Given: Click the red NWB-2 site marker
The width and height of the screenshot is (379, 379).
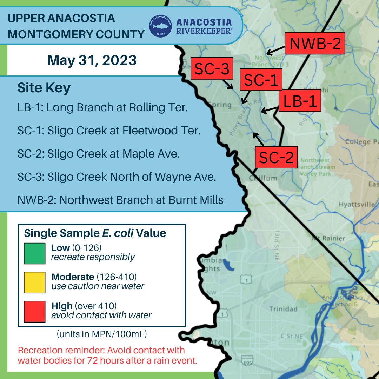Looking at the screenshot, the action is click(315, 44).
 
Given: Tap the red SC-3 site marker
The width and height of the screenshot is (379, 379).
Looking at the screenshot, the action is click(212, 69).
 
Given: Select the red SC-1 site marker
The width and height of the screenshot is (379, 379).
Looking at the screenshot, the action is click(261, 80).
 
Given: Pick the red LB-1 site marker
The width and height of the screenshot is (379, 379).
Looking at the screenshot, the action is click(300, 101).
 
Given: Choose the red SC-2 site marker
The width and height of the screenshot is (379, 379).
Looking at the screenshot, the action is click(276, 157).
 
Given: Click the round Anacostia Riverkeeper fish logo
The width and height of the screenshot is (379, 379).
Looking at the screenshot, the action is click(160, 26).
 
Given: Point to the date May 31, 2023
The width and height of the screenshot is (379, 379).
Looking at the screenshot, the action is click(92, 60).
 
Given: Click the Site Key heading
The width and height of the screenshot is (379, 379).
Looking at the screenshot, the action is click(44, 88).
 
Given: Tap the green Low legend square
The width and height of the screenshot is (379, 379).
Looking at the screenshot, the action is click(34, 253).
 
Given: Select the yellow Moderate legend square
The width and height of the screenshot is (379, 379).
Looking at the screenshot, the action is click(34, 282).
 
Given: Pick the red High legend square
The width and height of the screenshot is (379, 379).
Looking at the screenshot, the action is click(34, 311).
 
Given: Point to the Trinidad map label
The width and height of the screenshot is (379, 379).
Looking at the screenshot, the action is click(283, 309).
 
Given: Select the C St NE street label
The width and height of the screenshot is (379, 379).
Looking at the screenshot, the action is click(291, 336).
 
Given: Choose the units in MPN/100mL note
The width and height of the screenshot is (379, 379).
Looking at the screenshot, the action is click(101, 334).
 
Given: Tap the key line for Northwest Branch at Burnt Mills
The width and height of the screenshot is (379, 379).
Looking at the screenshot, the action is click(120, 200).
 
